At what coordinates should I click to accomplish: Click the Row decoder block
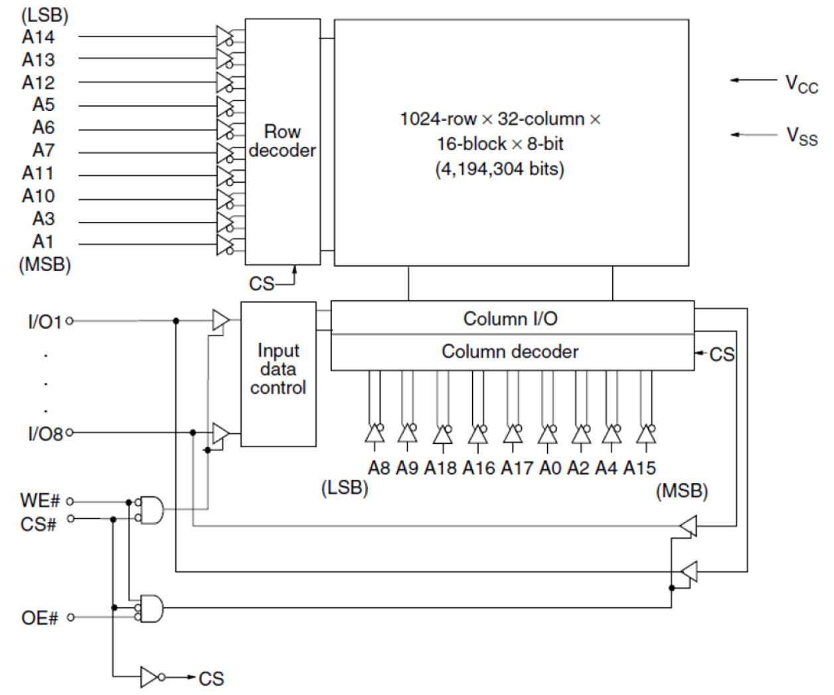pyautogui.click(x=282, y=142)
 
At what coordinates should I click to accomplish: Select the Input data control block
pyautogui.click(x=278, y=369)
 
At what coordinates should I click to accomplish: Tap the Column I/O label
pyautogui.click(x=510, y=319)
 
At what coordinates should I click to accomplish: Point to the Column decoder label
pyautogui.click(x=510, y=351)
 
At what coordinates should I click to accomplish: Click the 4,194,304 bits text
pyautogui.click(x=499, y=169)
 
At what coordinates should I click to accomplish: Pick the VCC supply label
pyautogui.click(x=801, y=84)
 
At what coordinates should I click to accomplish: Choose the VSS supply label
pyautogui.click(x=801, y=136)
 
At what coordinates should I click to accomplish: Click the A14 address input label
pyautogui.click(x=38, y=37)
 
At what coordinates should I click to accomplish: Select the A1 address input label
pyautogui.click(x=43, y=242)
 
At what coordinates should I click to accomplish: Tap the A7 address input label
pyautogui.click(x=43, y=151)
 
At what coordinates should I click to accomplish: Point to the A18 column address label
pyautogui.click(x=440, y=468)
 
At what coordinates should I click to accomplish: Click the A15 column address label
pyautogui.click(x=639, y=468)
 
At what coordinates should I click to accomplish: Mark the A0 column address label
pyautogui.click(x=550, y=468)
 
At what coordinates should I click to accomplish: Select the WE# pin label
pyautogui.click(x=40, y=501)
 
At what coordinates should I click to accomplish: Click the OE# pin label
pyautogui.click(x=40, y=618)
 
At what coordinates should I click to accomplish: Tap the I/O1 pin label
pyautogui.click(x=44, y=322)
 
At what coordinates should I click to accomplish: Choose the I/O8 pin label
pyautogui.click(x=44, y=435)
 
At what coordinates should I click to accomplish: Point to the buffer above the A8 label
pyautogui.click(x=375, y=434)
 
